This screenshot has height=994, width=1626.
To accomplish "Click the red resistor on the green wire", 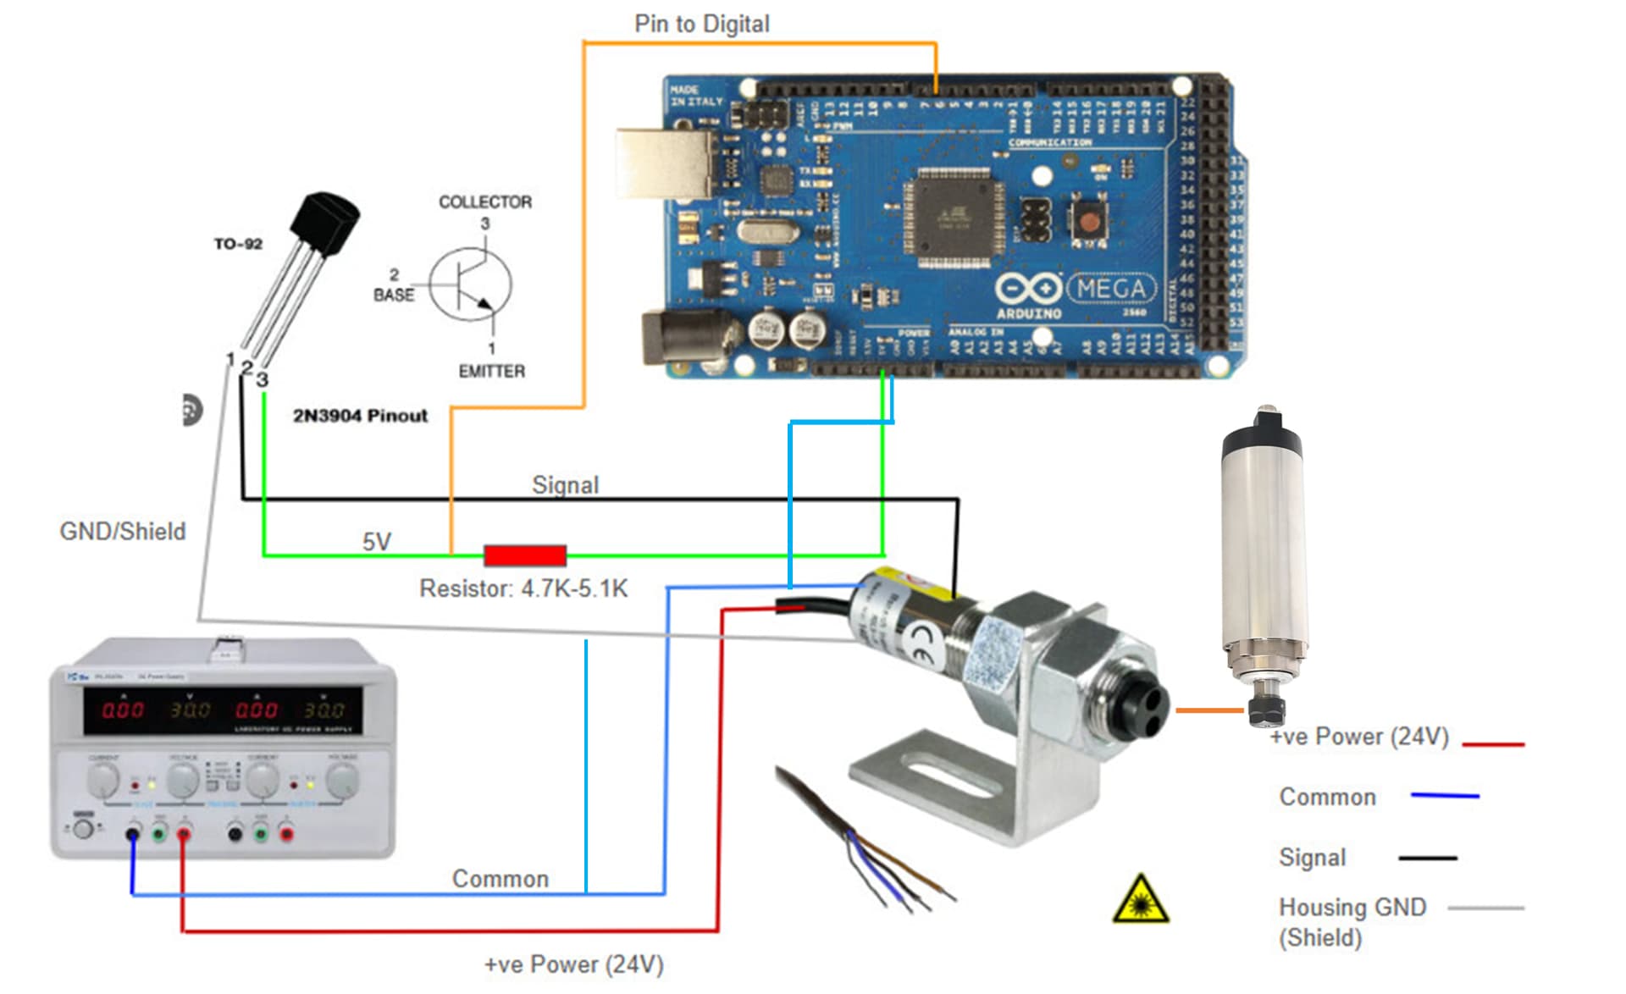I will (524, 555).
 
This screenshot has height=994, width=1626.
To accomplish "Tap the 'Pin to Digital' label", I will (701, 24).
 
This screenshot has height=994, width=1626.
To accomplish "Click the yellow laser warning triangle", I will (1140, 901).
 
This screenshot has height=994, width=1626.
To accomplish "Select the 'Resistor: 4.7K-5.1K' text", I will (523, 588).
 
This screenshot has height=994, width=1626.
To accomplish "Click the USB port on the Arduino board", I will (666, 163).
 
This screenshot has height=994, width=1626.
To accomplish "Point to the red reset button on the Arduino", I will (1089, 220).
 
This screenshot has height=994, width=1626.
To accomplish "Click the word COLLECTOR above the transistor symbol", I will (484, 202).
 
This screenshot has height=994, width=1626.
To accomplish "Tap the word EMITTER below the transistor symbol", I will (491, 371).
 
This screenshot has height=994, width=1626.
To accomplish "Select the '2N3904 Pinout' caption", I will (360, 416).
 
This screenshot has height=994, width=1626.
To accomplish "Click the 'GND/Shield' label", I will (122, 531).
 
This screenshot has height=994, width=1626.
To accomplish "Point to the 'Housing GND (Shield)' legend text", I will (1352, 922).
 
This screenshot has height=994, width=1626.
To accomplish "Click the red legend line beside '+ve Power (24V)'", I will (1493, 744).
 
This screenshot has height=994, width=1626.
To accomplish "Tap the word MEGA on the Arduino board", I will (1111, 290).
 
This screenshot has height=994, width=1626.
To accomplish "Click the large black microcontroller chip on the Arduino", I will (954, 214).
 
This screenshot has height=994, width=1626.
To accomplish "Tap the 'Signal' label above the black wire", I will (565, 484).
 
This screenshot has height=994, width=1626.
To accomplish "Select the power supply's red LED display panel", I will (222, 710).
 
